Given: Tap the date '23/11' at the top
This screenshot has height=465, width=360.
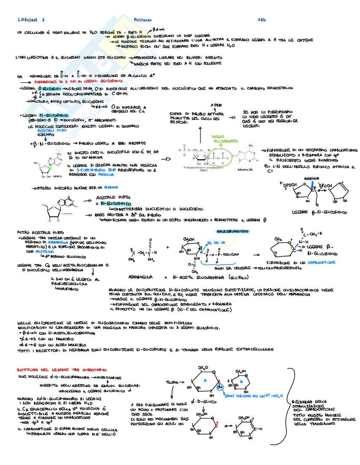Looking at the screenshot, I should [261, 20].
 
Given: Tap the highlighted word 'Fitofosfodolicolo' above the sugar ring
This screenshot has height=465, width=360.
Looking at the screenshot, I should [232, 232].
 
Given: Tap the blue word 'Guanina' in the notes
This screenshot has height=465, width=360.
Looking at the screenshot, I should [112, 187].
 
